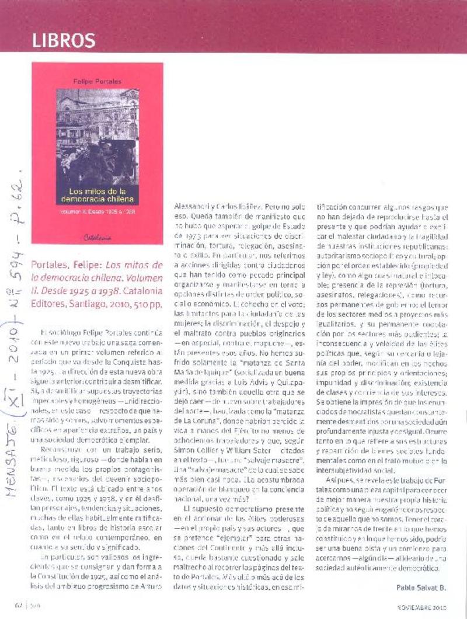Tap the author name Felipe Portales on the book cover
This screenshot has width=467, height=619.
pyautogui.click(x=97, y=82)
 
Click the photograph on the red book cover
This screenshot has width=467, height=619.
pyautogui.click(x=97, y=134)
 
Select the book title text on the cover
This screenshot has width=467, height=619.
pyautogui.click(x=97, y=195)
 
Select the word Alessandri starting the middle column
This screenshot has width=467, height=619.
pyautogui.click(x=193, y=207)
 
